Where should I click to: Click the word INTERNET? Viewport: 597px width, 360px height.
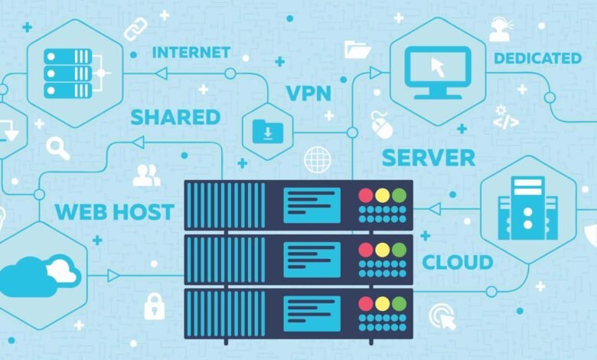click(x=191, y=53)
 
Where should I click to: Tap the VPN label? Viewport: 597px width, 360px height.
click(x=308, y=94)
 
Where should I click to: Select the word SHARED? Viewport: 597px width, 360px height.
click(x=175, y=117)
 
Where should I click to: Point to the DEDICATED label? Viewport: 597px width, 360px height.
click(x=537, y=58)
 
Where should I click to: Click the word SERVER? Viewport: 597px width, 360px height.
click(x=429, y=158)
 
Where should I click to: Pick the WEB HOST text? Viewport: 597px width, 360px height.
click(x=113, y=212)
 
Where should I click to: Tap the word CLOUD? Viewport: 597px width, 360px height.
click(x=458, y=263)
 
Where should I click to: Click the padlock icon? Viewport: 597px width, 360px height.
click(x=154, y=306)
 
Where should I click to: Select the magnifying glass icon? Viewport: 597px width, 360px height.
click(x=57, y=149)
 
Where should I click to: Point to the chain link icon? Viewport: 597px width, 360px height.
click(x=136, y=28)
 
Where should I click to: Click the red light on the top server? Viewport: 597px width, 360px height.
click(x=365, y=195)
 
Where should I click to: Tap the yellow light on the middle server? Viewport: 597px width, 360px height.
click(x=382, y=250)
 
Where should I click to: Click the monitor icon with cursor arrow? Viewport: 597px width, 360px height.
click(x=438, y=70)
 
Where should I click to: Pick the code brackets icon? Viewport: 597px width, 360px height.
click(x=506, y=120)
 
